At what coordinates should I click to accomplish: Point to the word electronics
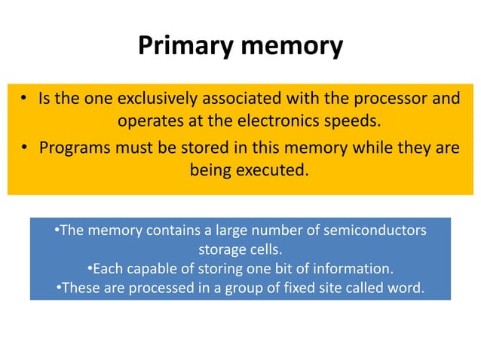point(263,122)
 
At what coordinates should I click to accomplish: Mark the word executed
point(272,170)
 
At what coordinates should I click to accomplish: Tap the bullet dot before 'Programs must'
point(25,148)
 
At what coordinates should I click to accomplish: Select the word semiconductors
point(375,230)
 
